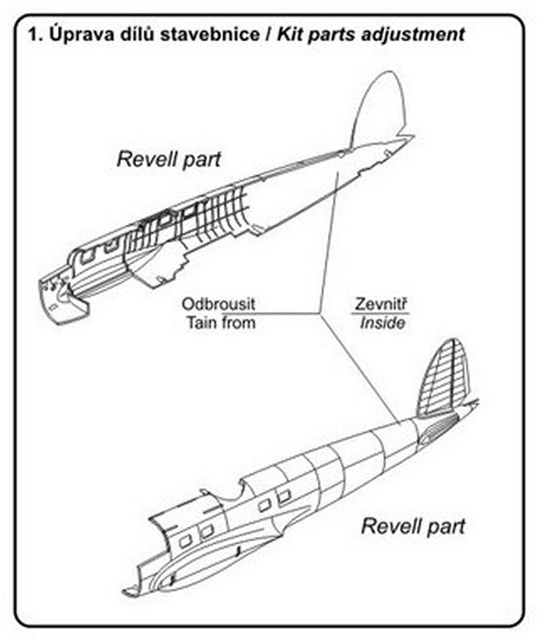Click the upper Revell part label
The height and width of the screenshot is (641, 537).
pos(168,159)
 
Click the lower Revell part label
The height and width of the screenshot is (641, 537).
pos(413,525)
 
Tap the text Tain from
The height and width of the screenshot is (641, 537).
pos(218,322)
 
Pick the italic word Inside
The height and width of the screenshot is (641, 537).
pos(382,323)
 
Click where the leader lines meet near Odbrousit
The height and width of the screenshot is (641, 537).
pos(320,313)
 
